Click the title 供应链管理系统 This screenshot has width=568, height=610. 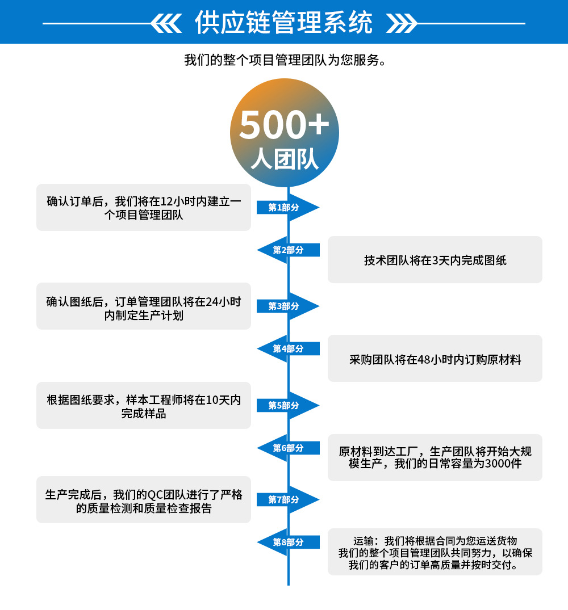(283, 23)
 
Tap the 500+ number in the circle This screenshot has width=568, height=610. (284, 125)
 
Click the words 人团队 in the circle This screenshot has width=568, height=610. (285, 160)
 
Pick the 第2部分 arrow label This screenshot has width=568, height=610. (288, 250)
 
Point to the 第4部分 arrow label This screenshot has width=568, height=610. (288, 348)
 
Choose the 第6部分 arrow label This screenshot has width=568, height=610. (288, 448)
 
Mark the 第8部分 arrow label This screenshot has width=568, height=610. (288, 542)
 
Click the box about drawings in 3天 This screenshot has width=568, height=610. (435, 260)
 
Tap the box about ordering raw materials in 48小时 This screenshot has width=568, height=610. (435, 359)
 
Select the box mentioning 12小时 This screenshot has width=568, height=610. (144, 208)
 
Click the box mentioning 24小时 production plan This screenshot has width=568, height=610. (144, 306)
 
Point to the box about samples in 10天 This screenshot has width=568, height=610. (144, 406)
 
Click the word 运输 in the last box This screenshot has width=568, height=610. (365, 541)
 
